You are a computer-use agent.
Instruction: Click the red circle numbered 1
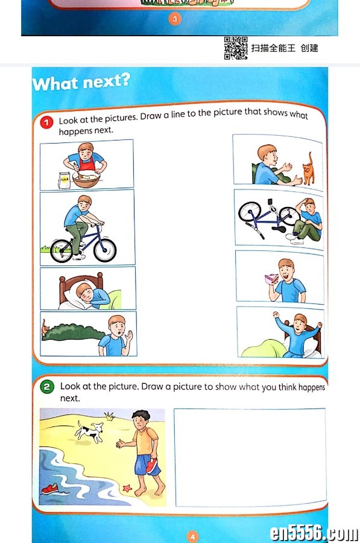tap(46, 122)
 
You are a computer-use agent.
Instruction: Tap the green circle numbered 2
tap(46, 387)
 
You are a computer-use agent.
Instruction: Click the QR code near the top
tap(236, 48)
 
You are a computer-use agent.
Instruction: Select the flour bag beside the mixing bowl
tap(64, 180)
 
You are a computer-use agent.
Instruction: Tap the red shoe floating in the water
tap(50, 489)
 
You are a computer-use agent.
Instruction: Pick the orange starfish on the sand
tap(127, 488)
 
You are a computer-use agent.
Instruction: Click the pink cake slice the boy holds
tap(271, 279)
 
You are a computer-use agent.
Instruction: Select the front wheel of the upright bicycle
tap(105, 250)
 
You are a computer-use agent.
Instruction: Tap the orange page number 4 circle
tap(193, 537)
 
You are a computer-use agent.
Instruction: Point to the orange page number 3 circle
tap(175, 18)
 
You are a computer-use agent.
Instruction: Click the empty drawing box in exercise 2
tap(250, 457)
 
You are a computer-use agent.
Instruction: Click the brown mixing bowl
tap(86, 179)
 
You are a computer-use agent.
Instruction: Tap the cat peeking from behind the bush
tap(45, 328)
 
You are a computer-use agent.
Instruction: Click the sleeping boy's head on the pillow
tap(85, 292)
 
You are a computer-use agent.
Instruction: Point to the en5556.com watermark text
tap(314, 533)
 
